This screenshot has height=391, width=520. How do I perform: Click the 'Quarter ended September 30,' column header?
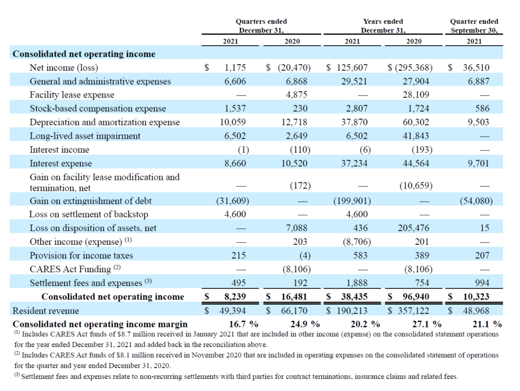(474, 26)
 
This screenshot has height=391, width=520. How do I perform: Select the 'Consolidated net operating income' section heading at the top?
(84, 54)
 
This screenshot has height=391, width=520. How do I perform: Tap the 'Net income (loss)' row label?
(63, 68)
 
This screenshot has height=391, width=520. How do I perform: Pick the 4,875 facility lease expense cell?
(297, 95)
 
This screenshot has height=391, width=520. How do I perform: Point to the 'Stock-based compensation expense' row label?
(98, 109)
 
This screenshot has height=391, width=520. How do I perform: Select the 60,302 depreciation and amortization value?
(416, 122)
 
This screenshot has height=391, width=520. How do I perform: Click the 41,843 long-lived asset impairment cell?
(416, 136)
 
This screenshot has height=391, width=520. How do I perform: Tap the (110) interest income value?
(300, 150)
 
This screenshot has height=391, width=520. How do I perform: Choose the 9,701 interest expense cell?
(478, 164)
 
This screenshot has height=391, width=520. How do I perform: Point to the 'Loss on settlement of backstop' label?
(88, 215)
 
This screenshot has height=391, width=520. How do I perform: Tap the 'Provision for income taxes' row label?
(81, 255)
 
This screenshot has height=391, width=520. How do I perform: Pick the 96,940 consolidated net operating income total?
(416, 297)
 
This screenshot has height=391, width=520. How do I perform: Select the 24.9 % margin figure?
(305, 324)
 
